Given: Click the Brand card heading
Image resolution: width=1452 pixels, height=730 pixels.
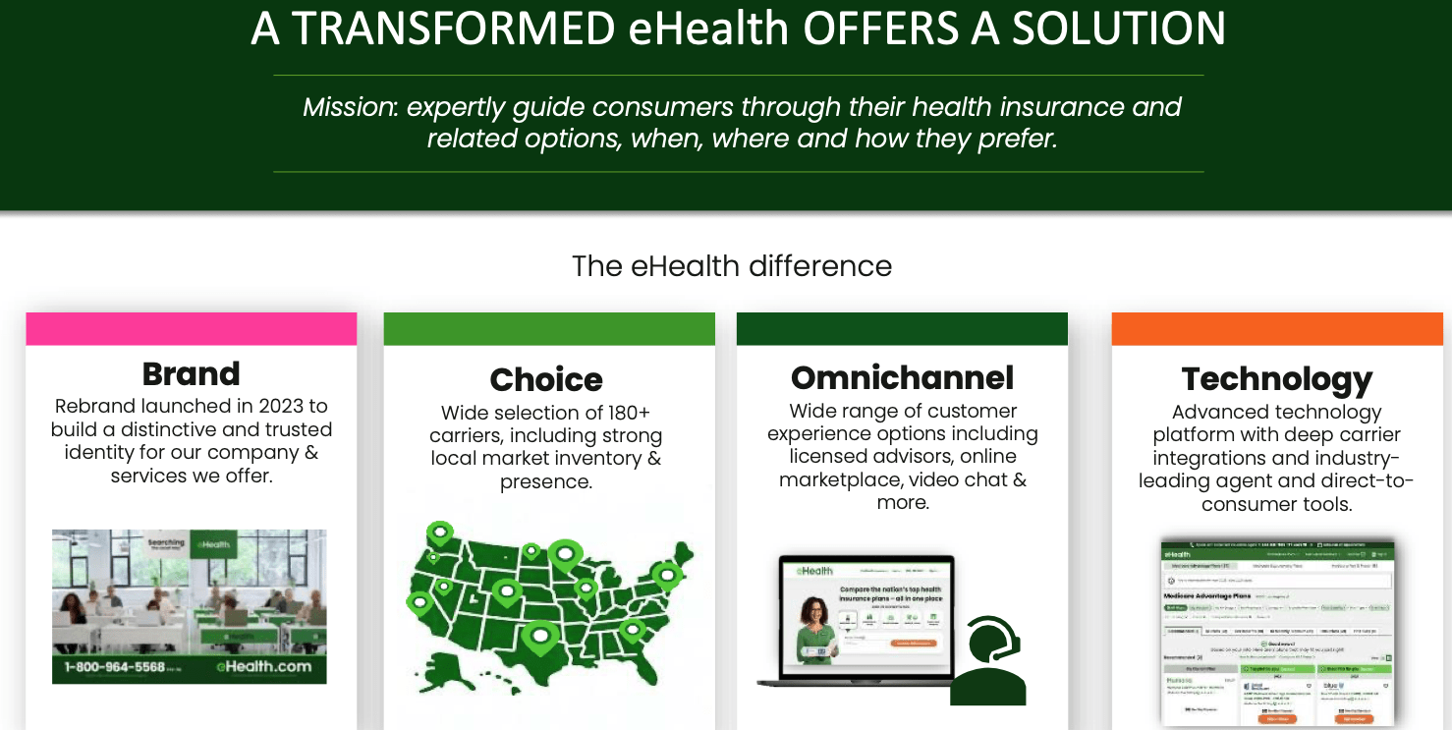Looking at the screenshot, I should coord(191,374).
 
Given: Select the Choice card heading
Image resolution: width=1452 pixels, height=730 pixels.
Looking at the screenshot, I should coord(546,380).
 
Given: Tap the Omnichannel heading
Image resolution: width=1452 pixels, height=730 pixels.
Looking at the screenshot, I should coord(902,378).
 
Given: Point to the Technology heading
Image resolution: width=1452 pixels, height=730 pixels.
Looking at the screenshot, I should coord(1276,379).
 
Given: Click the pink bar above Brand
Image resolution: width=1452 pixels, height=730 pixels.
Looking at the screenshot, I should coord(191,329).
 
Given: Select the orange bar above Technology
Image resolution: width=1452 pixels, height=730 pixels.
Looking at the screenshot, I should coord(1276,329).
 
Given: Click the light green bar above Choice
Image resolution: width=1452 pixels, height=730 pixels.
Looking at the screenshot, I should coord(548,329).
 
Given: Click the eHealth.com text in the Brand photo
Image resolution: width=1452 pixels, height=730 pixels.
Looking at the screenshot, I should coord(263,666).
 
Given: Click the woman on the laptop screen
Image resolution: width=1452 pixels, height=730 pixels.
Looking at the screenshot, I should coord(815,629).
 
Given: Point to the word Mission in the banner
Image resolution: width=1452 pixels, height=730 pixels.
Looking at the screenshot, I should coord(349,107).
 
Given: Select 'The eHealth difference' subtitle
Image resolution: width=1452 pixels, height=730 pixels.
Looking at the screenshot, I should coord(731,266).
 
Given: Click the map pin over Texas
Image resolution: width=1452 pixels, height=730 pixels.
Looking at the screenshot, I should coord(539,637).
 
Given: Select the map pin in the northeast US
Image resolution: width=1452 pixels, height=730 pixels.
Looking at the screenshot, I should coord(668,575).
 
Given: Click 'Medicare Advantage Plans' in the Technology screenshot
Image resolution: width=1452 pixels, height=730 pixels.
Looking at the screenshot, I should coord(1207,596).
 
